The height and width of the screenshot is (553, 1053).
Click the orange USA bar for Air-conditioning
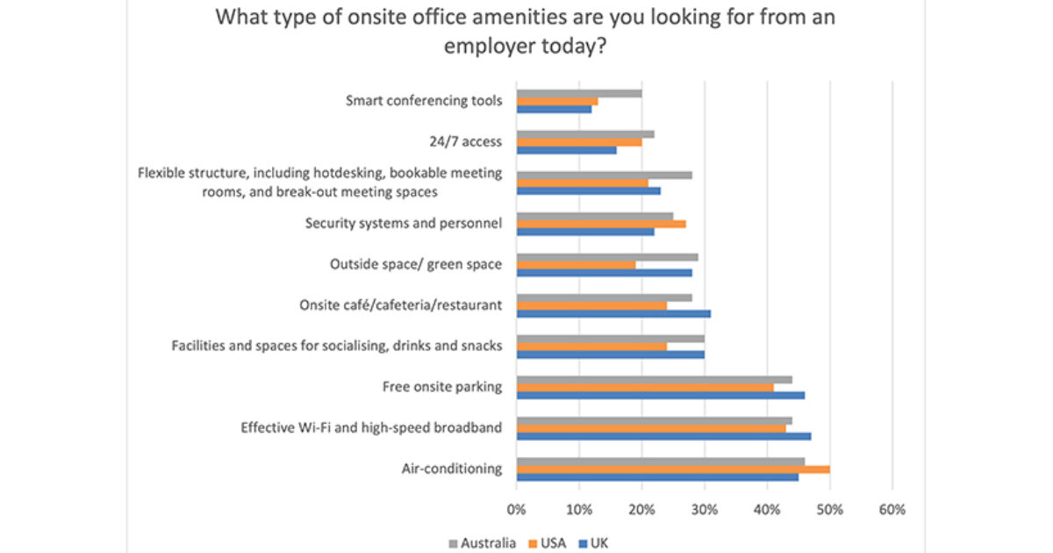click(x=673, y=470)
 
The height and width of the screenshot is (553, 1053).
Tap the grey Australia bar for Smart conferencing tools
click(x=579, y=93)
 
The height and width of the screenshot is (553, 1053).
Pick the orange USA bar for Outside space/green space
click(x=576, y=264)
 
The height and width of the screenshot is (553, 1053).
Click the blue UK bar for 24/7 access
click(x=566, y=150)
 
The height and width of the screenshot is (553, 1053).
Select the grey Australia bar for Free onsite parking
click(x=654, y=379)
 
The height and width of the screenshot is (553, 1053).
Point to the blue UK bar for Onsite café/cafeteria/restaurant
click(x=613, y=313)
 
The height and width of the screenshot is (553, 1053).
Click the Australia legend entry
click(x=483, y=543)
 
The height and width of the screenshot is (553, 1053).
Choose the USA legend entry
click(x=549, y=543)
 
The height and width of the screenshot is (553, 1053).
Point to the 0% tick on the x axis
click(x=517, y=509)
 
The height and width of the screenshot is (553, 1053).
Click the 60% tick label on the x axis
click(x=892, y=509)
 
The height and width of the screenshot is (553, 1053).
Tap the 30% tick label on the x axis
click(x=705, y=509)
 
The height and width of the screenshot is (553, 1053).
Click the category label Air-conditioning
click(x=452, y=469)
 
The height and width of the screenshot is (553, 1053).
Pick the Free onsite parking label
click(x=442, y=387)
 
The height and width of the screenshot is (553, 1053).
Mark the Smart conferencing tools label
click(x=425, y=101)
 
